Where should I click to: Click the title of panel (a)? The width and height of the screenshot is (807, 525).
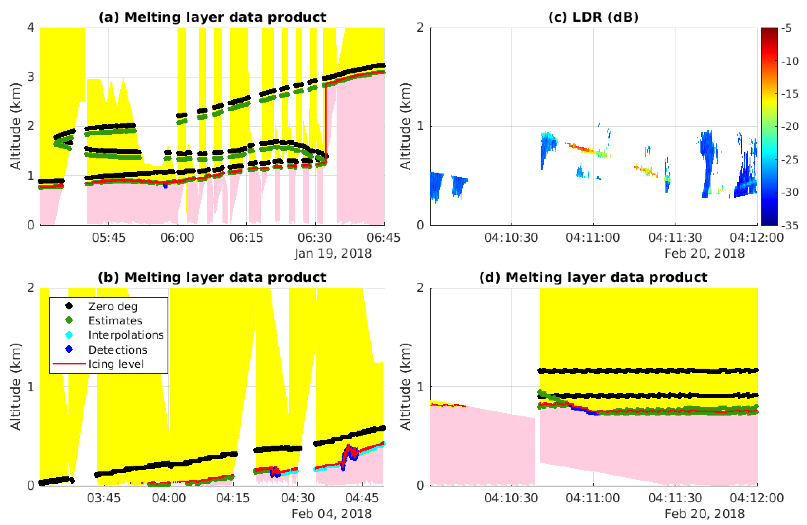pyautogui.click(x=212, y=17)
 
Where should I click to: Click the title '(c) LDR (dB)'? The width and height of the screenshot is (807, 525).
pyautogui.click(x=593, y=17)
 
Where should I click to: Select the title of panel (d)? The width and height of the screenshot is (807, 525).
pyautogui.click(x=593, y=277)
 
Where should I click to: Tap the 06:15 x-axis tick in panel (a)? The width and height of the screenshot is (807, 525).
pyautogui.click(x=246, y=238)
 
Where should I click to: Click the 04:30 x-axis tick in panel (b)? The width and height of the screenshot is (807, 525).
pyautogui.click(x=298, y=498)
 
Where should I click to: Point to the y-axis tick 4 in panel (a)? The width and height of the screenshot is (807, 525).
pyautogui.click(x=31, y=27)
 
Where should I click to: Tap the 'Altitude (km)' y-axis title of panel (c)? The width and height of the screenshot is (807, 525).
pyautogui.click(x=405, y=126)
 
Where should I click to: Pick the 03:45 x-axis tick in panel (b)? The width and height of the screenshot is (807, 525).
pyautogui.click(x=104, y=498)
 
